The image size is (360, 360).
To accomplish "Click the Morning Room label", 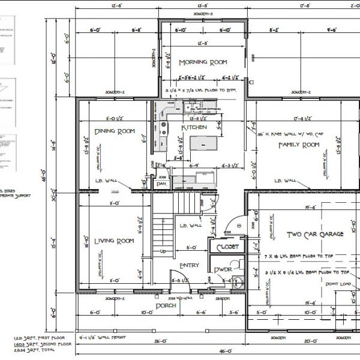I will tap(202, 62).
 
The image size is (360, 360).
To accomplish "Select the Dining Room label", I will tap(114, 131).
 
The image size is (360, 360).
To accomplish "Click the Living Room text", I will tap(114, 241).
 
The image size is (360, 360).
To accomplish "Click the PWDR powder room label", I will tap(223, 271).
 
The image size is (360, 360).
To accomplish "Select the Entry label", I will tap(189, 265).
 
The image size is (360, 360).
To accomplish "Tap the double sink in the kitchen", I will tap(193, 109).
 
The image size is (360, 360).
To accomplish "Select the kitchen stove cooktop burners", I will tap(163, 127).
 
